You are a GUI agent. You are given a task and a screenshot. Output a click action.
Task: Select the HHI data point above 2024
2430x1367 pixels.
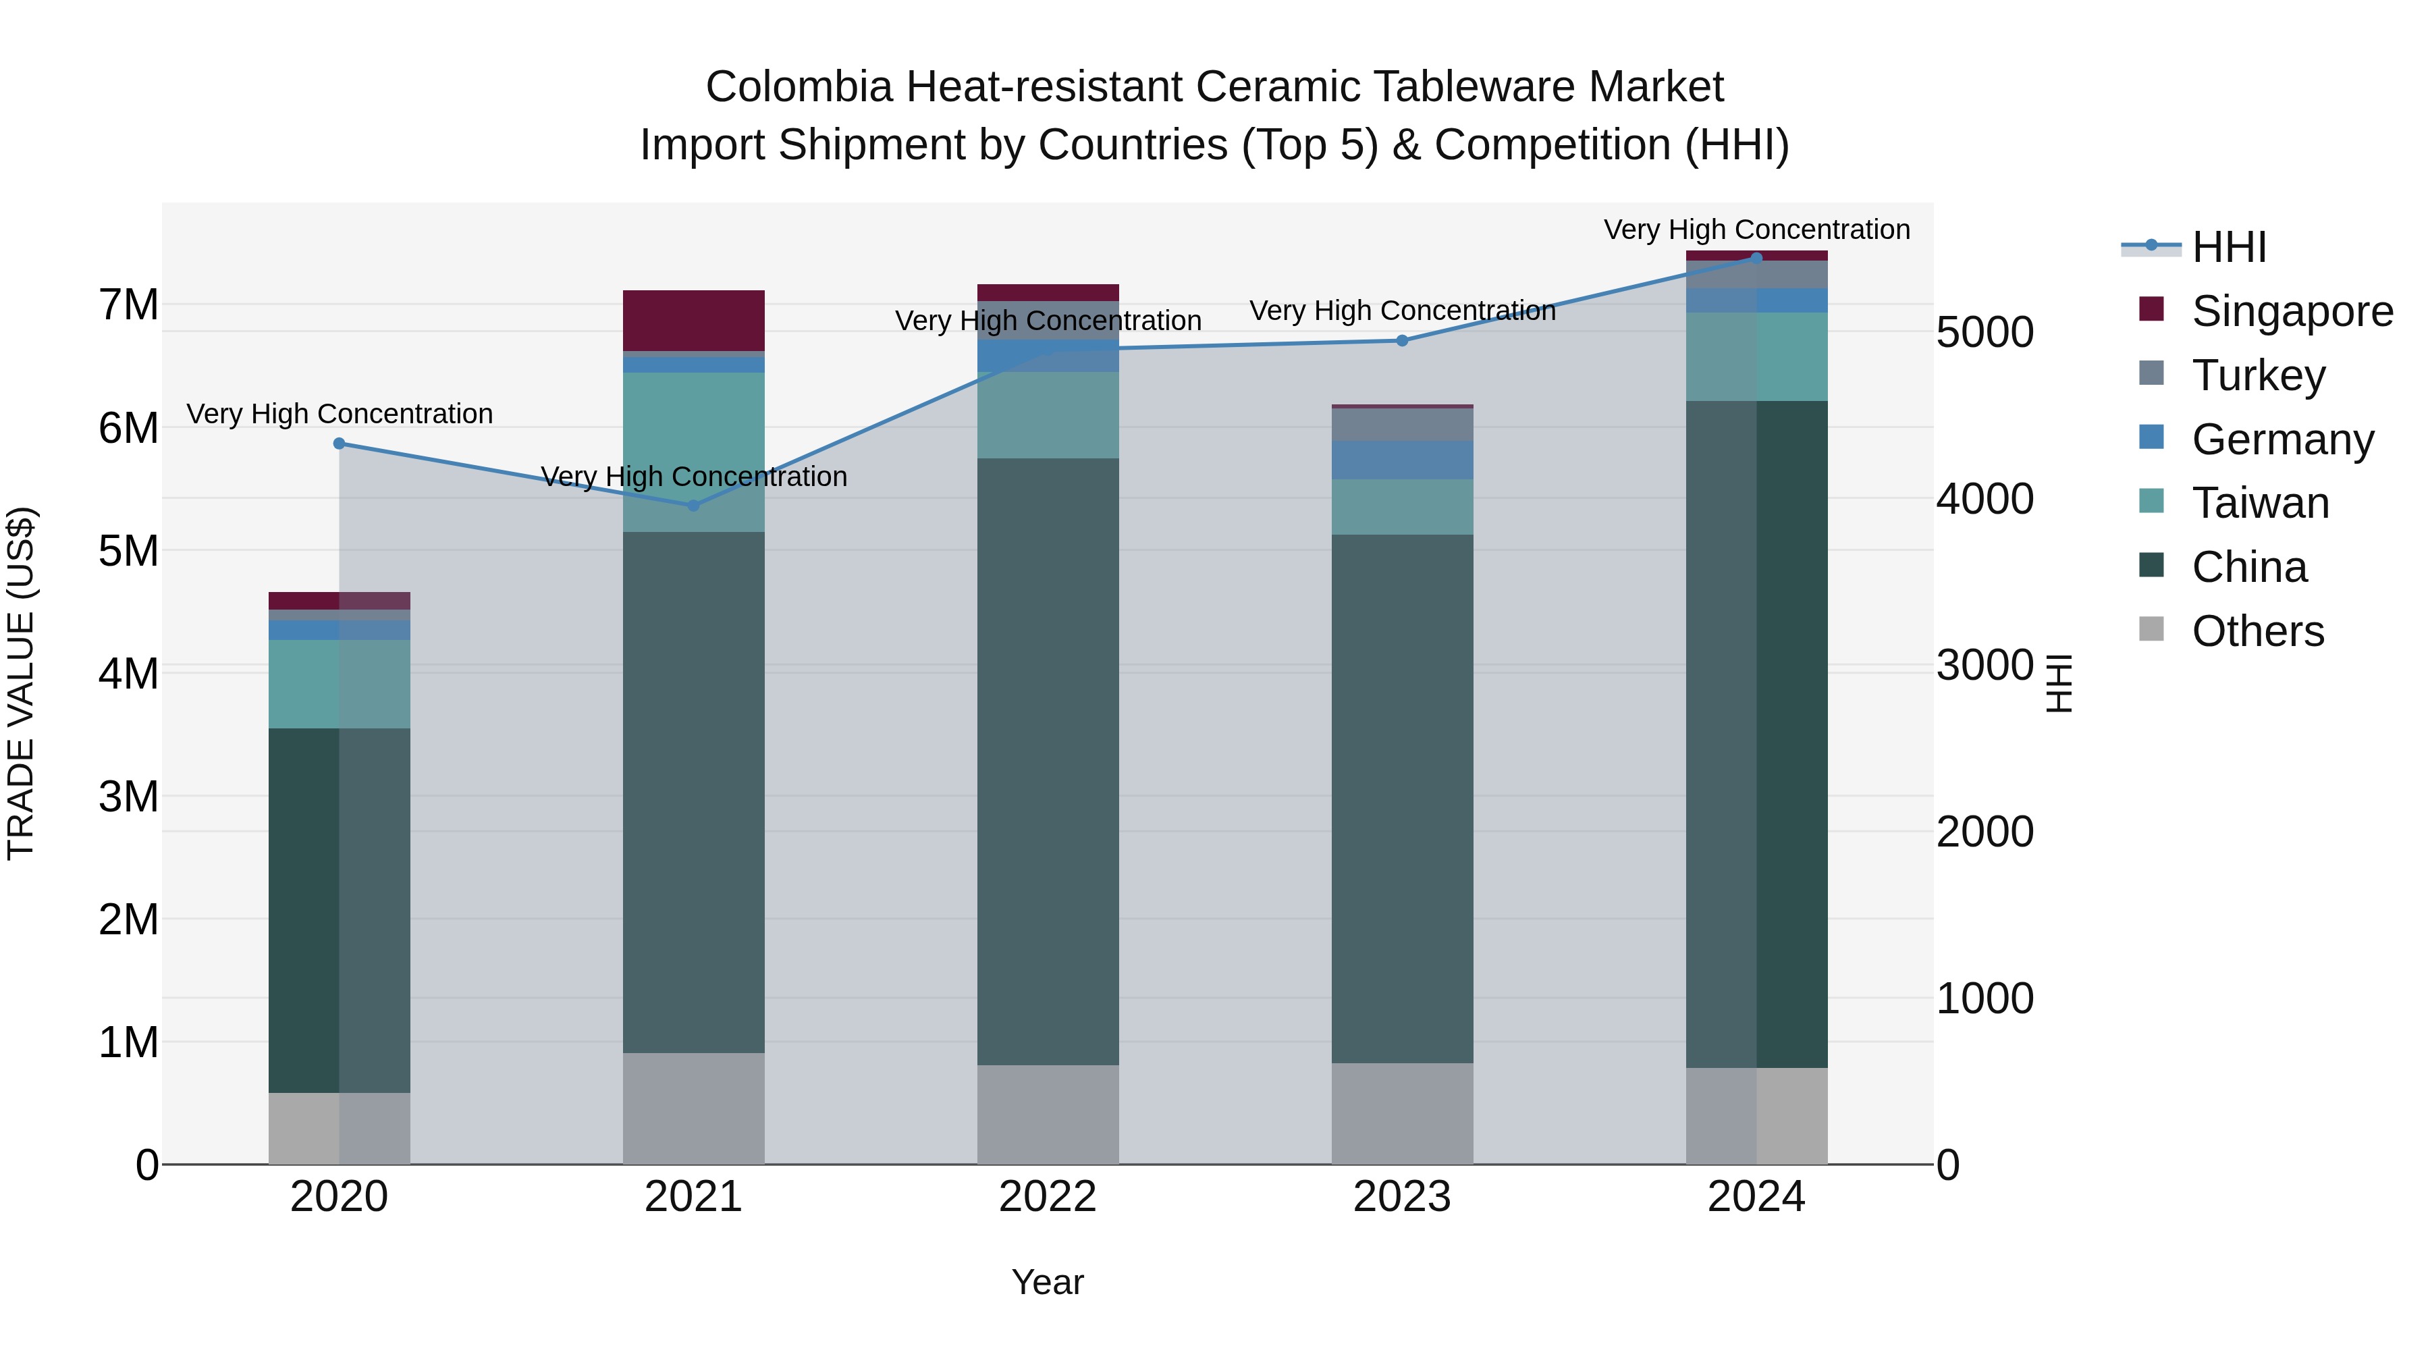[1756, 258]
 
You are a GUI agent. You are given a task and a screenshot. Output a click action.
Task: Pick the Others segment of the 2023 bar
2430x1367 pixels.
[1402, 1113]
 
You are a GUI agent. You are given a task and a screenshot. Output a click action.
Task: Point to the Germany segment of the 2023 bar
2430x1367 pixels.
[1402, 460]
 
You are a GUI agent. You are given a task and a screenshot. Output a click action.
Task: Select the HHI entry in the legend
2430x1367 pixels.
[2228, 247]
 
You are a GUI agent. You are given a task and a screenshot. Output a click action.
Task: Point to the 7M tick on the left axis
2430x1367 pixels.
[129, 304]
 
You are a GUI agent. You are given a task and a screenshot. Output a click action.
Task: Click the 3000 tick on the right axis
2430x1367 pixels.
[1985, 665]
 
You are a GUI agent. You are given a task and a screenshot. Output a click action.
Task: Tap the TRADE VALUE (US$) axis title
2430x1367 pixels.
[21, 683]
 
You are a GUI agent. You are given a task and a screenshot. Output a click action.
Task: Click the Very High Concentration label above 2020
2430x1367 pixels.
[340, 414]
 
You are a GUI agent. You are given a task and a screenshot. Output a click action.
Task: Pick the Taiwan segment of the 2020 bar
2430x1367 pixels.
[340, 684]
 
